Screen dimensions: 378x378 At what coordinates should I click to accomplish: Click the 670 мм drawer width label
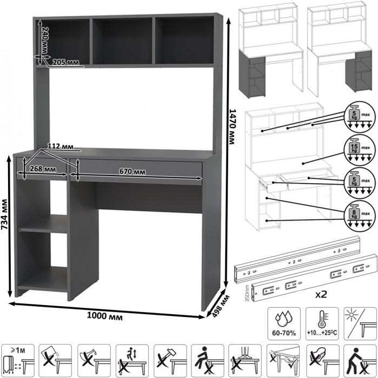pyautogui.click(x=132, y=172)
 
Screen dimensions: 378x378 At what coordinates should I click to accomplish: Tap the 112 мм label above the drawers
pyautogui.click(x=61, y=146)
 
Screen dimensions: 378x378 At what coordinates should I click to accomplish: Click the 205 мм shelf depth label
pyautogui.click(x=65, y=62)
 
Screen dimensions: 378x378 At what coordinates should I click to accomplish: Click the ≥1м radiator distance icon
pyautogui.click(x=18, y=359)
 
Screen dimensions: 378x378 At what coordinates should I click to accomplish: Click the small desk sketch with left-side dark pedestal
pyautogui.click(x=271, y=53)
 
